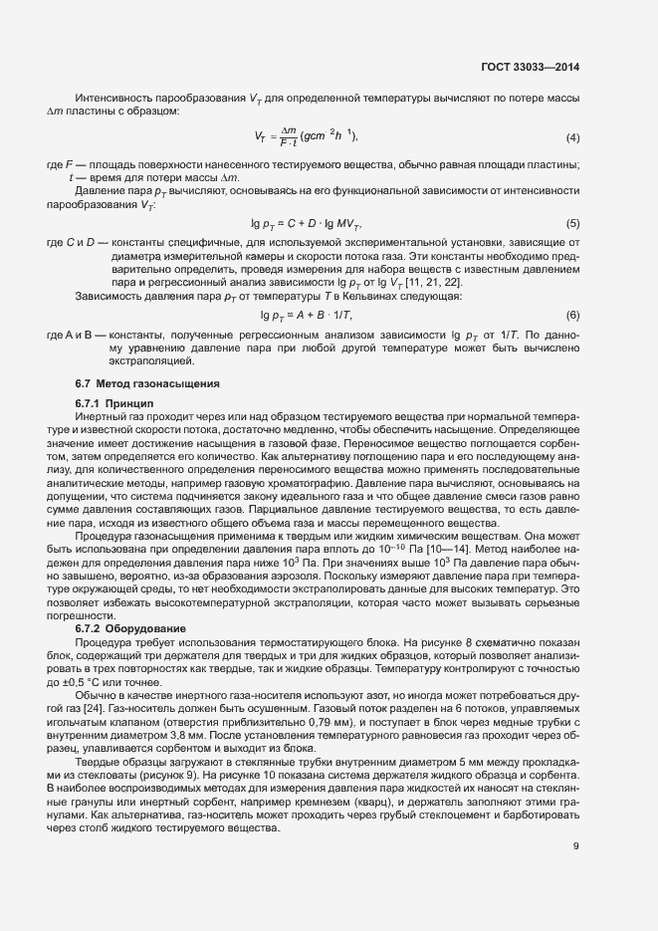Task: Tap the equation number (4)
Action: (x=572, y=136)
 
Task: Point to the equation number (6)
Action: (x=572, y=316)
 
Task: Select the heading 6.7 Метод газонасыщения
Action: (x=147, y=383)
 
